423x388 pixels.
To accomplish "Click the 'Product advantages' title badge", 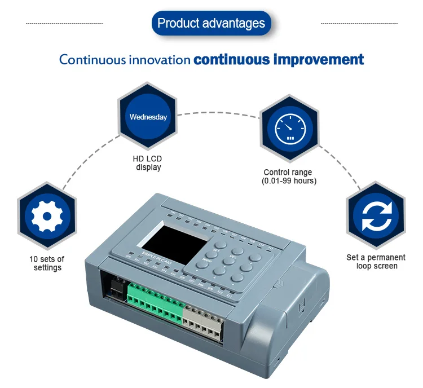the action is tap(211, 24).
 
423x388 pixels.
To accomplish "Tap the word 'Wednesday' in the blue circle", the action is tap(148, 117).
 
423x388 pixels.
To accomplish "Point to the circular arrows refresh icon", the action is tap(376, 215).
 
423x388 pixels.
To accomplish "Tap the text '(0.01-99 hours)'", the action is tap(289, 181).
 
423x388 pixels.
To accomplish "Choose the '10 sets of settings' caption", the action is tap(47, 263).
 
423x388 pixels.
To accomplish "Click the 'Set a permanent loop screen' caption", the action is tap(376, 262).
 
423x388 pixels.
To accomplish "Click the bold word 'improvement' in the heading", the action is tap(319, 60).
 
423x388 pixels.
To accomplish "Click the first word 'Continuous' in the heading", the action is tap(94, 60).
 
